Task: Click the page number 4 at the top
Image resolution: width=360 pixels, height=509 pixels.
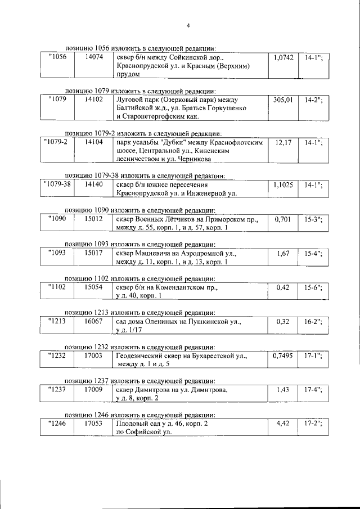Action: tap(188, 25)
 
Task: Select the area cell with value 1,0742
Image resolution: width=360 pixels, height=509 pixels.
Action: tap(283, 58)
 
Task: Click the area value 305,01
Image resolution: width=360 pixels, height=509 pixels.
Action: tap(283, 100)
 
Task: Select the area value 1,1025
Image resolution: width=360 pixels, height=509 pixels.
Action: tap(283, 184)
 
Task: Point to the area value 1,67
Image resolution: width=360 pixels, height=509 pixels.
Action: tap(283, 254)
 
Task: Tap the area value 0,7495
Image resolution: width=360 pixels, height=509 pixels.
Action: tap(283, 355)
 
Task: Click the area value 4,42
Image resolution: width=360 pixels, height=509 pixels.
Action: tap(283, 423)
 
